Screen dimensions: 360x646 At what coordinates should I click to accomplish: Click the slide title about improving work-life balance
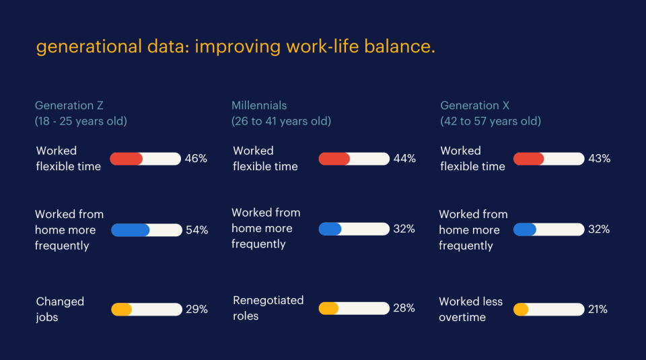236,48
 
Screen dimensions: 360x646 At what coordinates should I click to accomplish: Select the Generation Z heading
69,106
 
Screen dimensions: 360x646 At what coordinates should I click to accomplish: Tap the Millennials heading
259,106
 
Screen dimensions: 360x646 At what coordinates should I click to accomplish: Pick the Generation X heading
474,106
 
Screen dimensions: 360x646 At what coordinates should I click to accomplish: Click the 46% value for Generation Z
196,159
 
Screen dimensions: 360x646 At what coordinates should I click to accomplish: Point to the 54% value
196,230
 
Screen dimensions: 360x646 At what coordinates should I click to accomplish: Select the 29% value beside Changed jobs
196,310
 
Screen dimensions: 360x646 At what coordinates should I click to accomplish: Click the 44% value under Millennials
404,159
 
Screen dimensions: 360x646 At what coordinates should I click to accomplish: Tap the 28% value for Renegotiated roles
404,308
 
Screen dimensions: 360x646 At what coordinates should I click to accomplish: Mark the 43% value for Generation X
599,159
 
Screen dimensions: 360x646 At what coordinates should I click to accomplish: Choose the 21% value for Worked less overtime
598,310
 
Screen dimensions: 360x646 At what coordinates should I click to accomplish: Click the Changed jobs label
60,310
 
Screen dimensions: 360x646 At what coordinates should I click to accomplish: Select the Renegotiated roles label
268,308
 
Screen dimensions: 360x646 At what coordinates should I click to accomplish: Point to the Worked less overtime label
470,310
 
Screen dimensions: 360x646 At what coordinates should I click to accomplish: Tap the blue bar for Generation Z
131,230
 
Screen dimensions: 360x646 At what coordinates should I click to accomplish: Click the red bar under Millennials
334,159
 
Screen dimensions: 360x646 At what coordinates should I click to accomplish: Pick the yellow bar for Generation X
521,310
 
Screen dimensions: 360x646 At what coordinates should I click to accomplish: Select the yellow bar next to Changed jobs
122,310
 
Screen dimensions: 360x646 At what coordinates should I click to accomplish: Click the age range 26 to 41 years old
281,122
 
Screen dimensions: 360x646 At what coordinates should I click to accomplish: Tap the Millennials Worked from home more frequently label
266,228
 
